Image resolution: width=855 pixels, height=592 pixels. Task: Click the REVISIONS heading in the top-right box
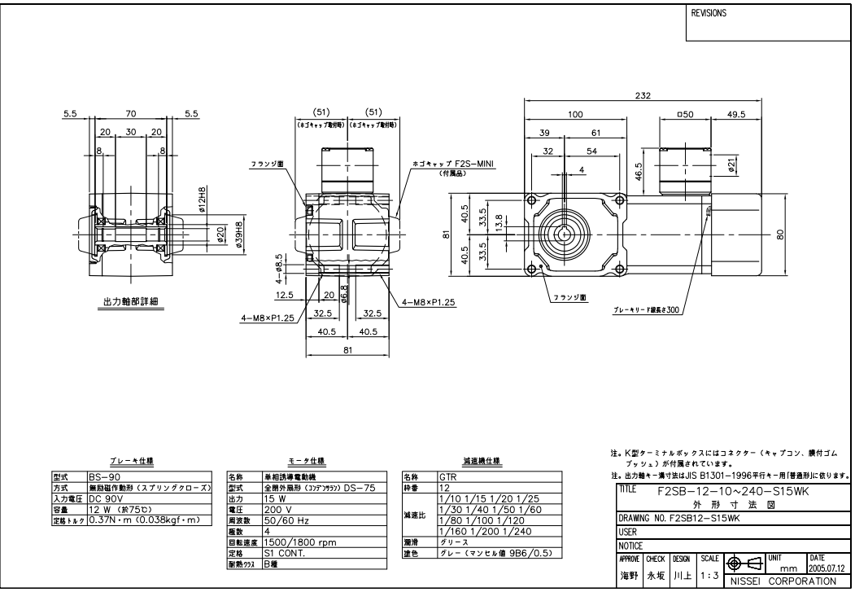709,14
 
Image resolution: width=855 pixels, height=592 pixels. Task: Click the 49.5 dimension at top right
736,115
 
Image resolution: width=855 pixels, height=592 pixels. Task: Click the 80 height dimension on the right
780,233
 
